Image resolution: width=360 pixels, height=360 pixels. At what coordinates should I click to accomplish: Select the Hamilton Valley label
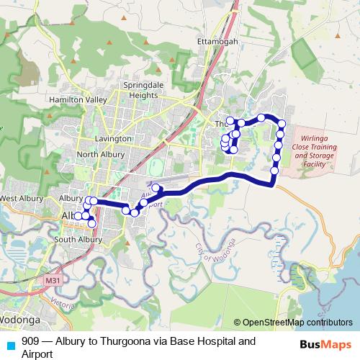(78, 99)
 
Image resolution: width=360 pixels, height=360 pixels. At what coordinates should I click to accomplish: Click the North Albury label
(101, 154)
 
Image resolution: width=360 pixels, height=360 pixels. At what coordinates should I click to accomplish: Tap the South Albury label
(78, 239)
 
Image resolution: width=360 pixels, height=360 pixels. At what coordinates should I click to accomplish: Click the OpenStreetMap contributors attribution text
(297, 323)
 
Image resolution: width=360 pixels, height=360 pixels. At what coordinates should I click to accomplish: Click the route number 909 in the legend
(30, 341)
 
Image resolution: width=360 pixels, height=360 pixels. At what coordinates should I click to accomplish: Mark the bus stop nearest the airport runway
(156, 189)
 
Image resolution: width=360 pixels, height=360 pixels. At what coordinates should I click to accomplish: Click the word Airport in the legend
(37, 354)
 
